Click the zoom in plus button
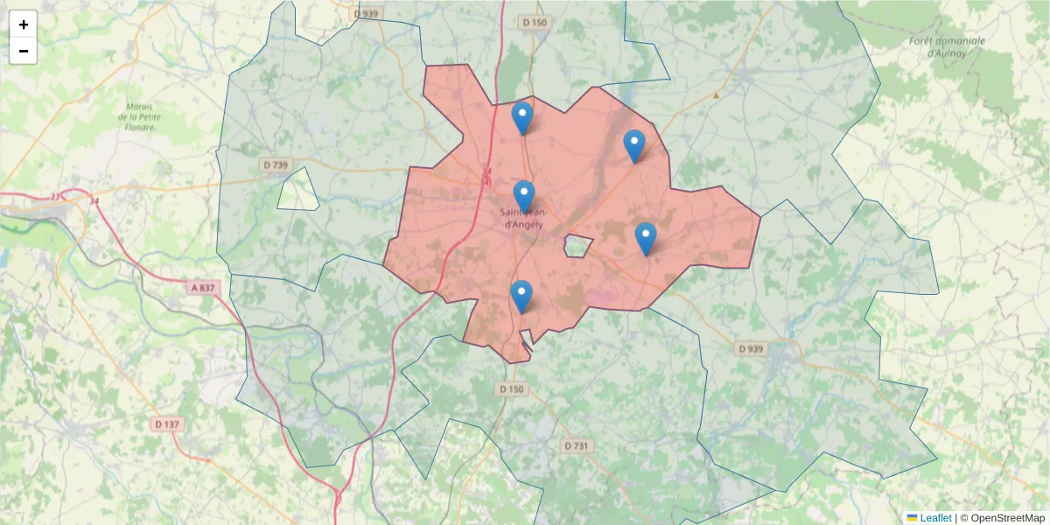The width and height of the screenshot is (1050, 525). [24, 24]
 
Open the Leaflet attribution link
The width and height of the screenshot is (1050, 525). [934, 517]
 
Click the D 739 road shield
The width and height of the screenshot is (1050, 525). [275, 164]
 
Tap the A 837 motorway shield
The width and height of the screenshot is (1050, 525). [202, 287]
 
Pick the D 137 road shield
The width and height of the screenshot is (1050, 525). [166, 424]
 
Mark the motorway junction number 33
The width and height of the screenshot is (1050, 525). [56, 197]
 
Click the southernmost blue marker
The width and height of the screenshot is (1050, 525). [521, 296]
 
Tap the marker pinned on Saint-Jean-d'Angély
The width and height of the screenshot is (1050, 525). [524, 196]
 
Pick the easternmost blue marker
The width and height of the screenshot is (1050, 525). [646, 238]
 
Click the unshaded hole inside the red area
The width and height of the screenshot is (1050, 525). [577, 246]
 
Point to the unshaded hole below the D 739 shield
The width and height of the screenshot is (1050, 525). [298, 190]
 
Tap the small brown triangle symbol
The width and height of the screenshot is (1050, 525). [717, 94]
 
